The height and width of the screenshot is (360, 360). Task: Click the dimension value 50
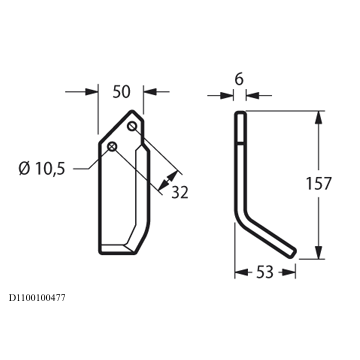[121, 92]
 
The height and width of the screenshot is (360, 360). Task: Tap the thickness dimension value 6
[239, 79]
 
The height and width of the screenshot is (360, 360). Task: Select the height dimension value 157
[319, 184]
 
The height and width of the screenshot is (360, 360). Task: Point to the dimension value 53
[265, 272]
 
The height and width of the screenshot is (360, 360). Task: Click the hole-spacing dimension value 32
[180, 192]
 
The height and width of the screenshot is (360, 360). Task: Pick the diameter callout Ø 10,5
[42, 169]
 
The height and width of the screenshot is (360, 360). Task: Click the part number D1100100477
[37, 298]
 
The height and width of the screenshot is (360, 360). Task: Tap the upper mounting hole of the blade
[132, 126]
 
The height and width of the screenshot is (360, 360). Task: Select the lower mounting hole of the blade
[112, 146]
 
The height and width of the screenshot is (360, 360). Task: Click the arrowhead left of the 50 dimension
[92, 92]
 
